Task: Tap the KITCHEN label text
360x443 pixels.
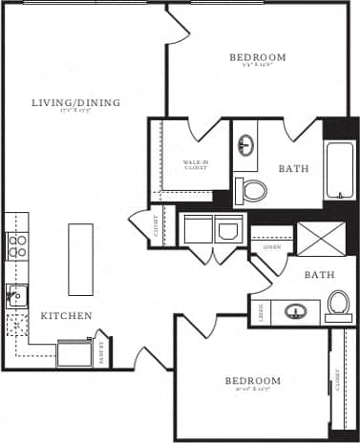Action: click(66, 315)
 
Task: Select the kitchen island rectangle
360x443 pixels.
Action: click(81, 260)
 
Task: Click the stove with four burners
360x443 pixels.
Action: click(17, 246)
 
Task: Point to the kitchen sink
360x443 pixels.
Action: click(16, 297)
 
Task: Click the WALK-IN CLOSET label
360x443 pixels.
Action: click(197, 164)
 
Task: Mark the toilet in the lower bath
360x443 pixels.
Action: click(337, 306)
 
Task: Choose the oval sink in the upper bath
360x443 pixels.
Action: click(246, 146)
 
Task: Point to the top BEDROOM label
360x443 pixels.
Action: click(258, 57)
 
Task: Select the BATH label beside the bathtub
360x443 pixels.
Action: click(293, 169)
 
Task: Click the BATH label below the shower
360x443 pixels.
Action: click(317, 275)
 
